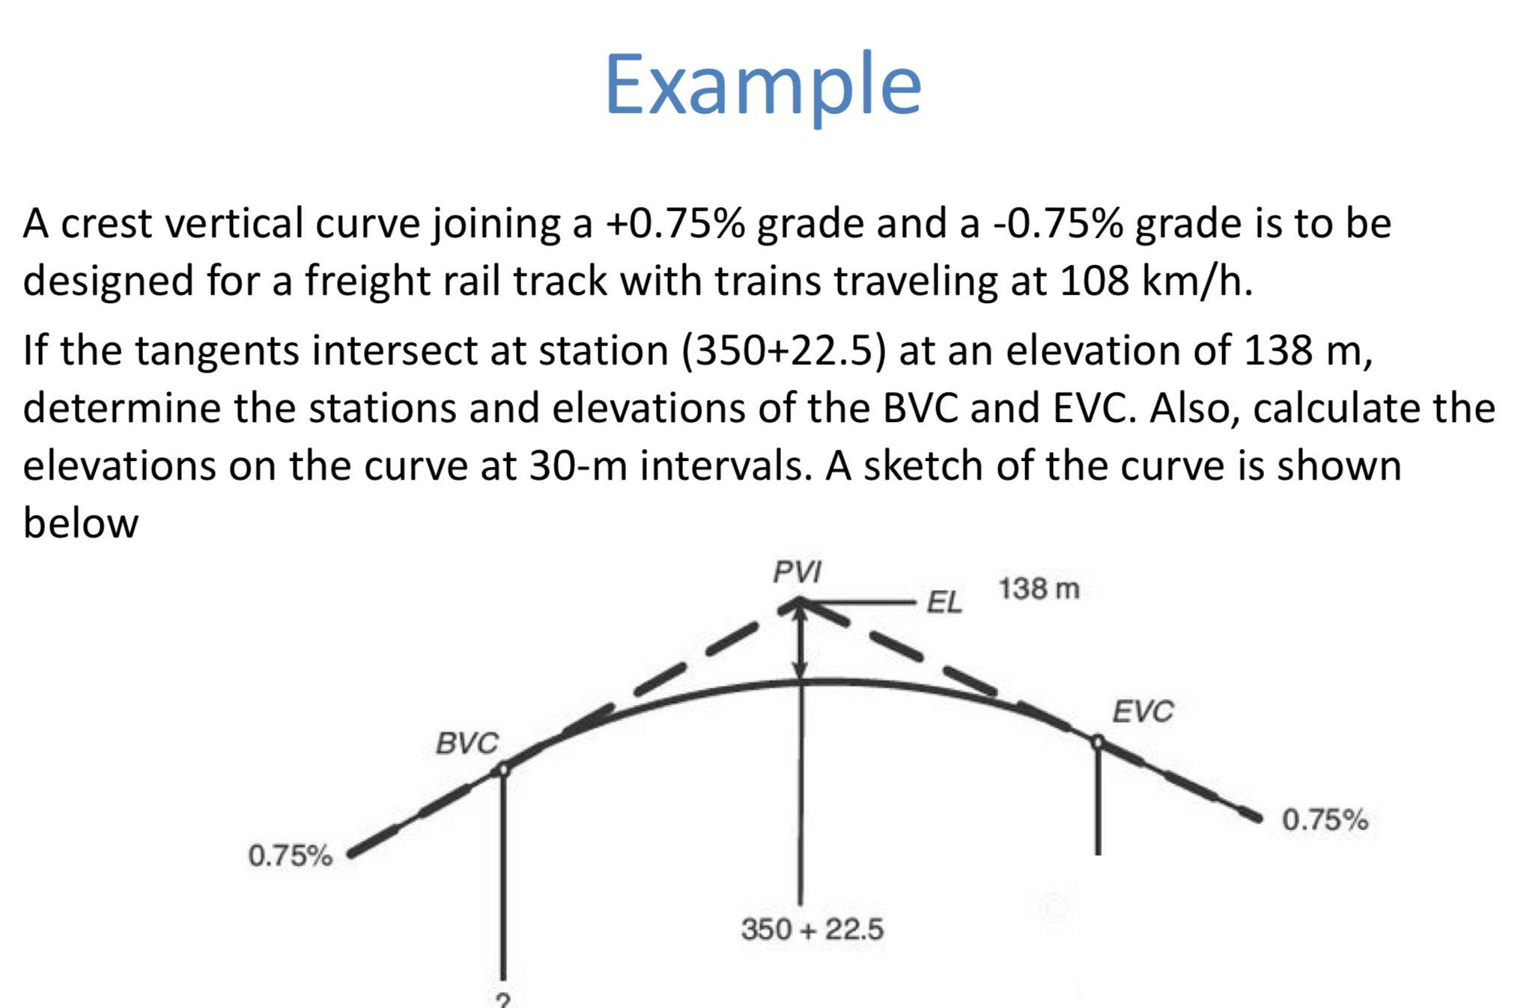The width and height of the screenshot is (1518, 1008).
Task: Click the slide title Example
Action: pyautogui.click(x=762, y=84)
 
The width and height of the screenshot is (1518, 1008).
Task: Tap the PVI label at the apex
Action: pyautogui.click(x=797, y=572)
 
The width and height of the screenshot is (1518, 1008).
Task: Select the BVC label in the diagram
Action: pyautogui.click(x=467, y=743)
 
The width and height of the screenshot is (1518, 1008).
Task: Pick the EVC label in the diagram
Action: pyautogui.click(x=1142, y=712)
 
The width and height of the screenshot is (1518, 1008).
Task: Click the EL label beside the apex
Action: pyautogui.click(x=944, y=602)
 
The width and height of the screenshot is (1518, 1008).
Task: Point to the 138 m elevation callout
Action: pyautogui.click(x=1038, y=589)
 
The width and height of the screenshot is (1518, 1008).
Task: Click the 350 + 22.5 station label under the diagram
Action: pyautogui.click(x=812, y=929)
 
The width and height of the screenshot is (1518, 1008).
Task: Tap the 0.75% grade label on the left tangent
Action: pyautogui.click(x=290, y=855)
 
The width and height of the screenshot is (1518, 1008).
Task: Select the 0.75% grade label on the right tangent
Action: pyautogui.click(x=1324, y=820)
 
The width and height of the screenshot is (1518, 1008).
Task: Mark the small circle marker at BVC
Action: pyautogui.click(x=504, y=769)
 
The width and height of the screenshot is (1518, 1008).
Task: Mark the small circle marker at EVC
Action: pyautogui.click(x=1097, y=742)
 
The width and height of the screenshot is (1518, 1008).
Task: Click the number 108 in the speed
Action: pyautogui.click(x=1094, y=281)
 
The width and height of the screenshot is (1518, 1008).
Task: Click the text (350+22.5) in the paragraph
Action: pyautogui.click(x=783, y=350)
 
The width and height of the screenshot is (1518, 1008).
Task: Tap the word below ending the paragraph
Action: pyautogui.click(x=81, y=522)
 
